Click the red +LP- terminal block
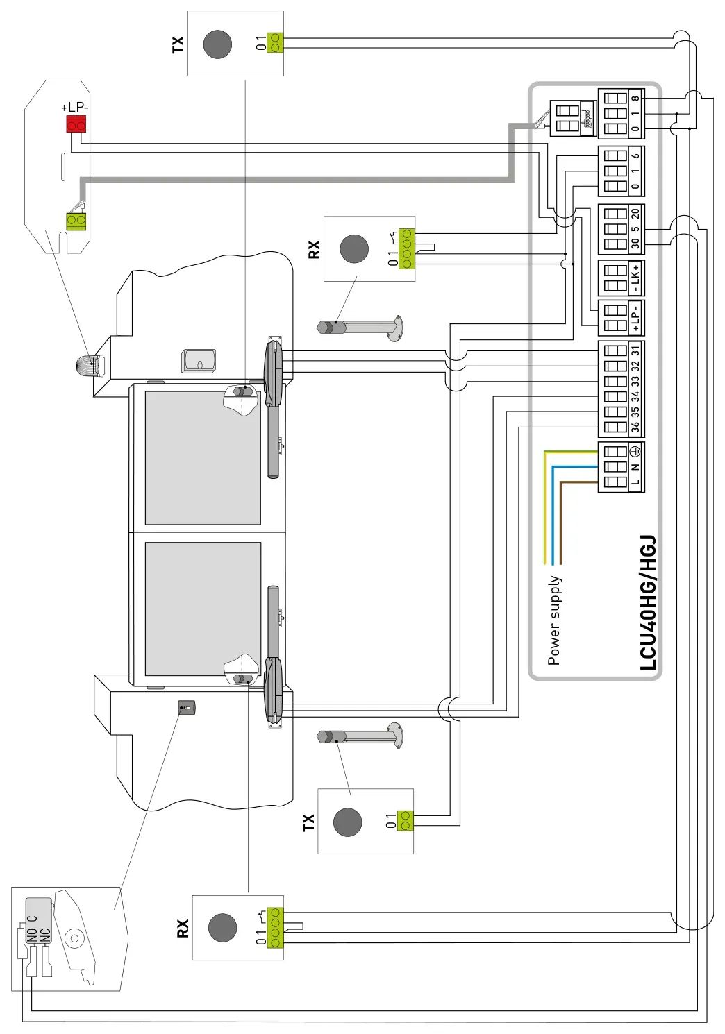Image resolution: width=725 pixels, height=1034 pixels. tap(76, 124)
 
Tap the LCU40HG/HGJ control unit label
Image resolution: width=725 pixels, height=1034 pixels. tap(647, 602)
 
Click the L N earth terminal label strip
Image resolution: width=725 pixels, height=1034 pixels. tap(636, 467)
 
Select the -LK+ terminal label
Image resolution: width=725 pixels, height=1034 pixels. tap(636, 278)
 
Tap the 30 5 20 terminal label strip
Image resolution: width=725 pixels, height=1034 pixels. tap(636, 229)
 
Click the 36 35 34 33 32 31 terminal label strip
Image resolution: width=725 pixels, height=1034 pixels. tap(636, 389)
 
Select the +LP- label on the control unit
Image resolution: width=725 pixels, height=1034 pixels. tap(636, 318)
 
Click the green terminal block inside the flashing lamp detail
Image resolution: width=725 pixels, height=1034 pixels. tap(76, 221)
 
